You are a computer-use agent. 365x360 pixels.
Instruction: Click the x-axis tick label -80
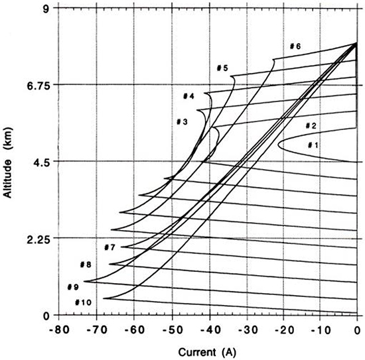click(58, 328)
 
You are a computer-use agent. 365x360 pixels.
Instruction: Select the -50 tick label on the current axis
click(171, 328)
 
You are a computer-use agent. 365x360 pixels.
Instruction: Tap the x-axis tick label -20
click(283, 328)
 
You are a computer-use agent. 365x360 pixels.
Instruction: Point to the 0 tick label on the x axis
click(358, 328)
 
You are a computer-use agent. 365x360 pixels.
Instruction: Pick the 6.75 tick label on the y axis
click(38, 85)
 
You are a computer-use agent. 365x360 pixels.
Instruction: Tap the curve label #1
click(313, 145)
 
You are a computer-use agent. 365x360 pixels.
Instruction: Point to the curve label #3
click(183, 121)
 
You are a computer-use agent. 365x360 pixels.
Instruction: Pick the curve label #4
click(188, 96)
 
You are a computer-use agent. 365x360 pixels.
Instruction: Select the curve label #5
click(222, 68)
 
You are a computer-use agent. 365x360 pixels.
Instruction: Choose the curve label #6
click(295, 46)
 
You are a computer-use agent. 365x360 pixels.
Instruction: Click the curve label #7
click(110, 247)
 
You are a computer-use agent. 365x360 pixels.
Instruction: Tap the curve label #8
click(86, 265)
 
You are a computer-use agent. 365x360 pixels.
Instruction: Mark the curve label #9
click(73, 287)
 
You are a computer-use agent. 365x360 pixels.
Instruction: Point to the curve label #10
click(82, 302)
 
